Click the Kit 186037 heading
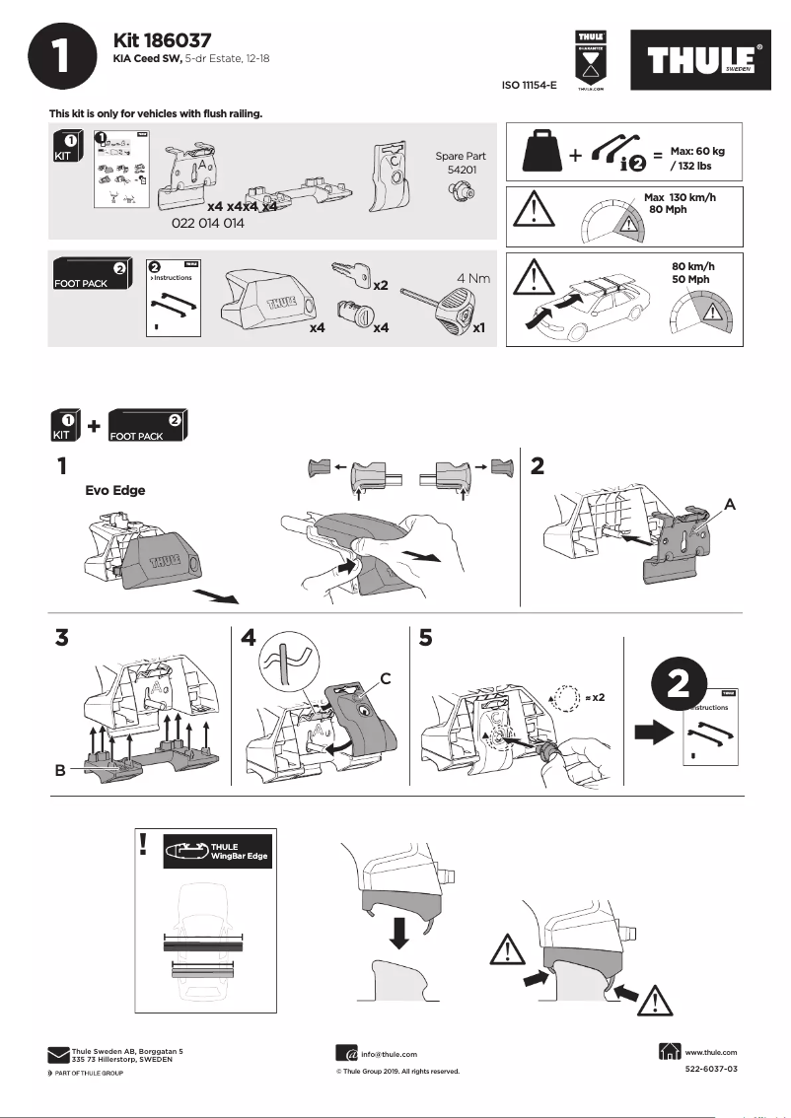(164, 40)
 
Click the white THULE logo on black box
(703, 61)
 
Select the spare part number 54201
(456, 171)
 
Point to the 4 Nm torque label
(472, 279)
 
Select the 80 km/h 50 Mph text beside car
(690, 273)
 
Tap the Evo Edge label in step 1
(115, 489)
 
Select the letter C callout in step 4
(386, 677)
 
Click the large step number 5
(425, 638)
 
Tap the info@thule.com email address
(390, 1054)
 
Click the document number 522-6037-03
(710, 1069)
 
